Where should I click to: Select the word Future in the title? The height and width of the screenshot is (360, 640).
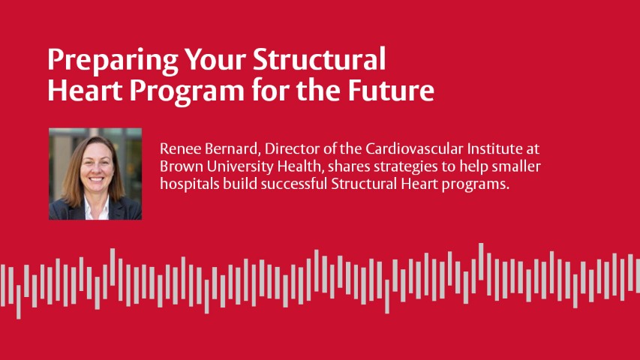391,90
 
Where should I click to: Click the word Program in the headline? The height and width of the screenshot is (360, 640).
187,92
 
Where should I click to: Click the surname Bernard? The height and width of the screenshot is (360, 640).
233,149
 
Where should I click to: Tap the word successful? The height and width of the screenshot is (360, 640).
294,184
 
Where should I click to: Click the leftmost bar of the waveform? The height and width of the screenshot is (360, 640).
3,285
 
